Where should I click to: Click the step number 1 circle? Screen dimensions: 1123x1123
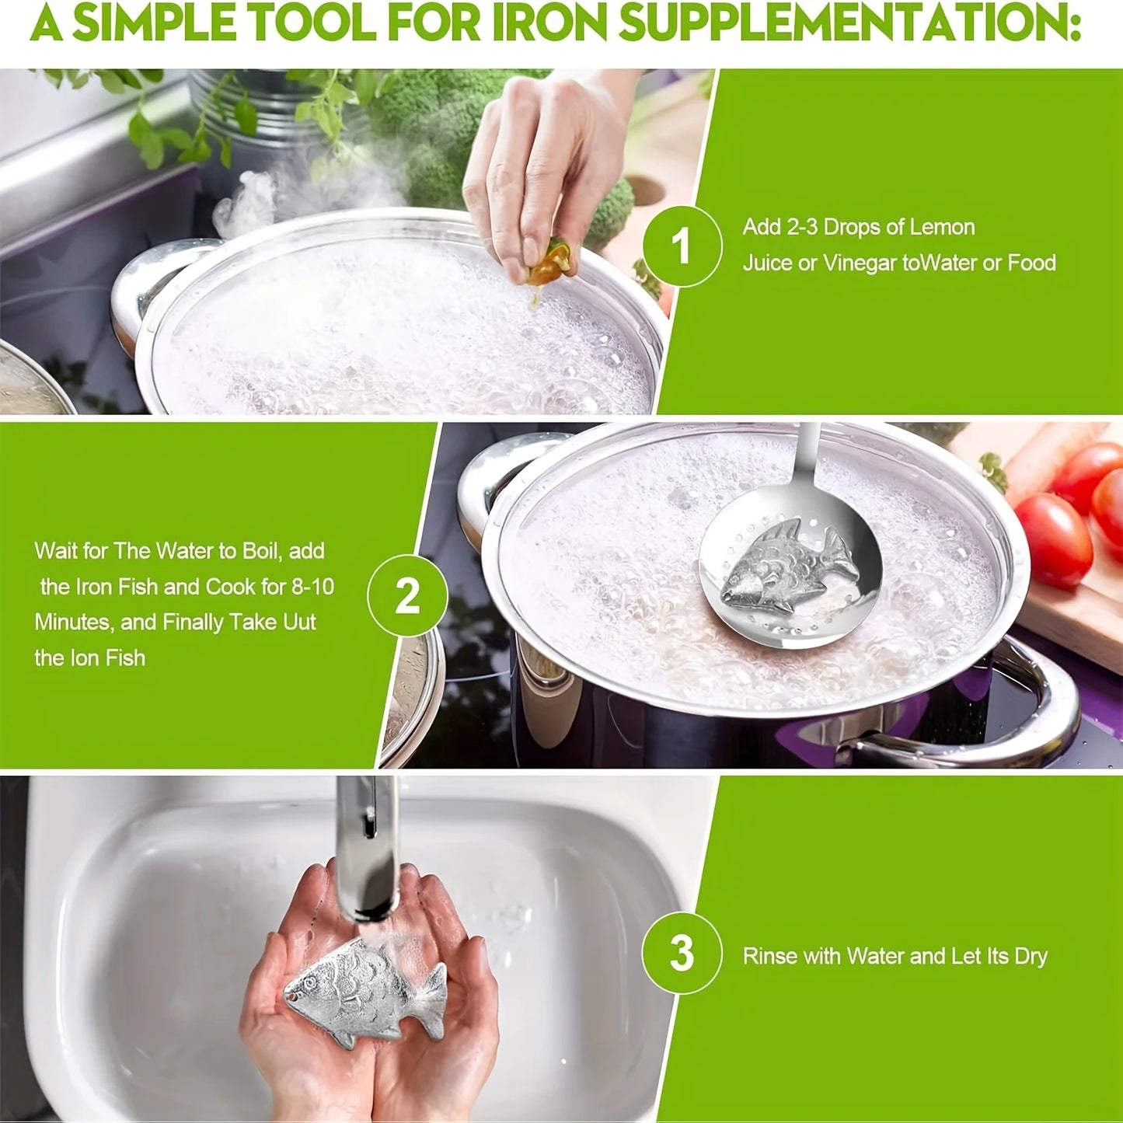point(682,246)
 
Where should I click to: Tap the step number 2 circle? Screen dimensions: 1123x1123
point(407,596)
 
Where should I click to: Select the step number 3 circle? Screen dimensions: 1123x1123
point(682,953)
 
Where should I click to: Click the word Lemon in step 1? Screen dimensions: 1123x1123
point(942,227)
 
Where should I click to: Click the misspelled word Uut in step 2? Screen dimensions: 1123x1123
point(299,622)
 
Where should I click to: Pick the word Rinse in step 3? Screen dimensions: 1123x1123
point(769,956)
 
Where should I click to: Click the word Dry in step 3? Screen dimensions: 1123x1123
point(1031,956)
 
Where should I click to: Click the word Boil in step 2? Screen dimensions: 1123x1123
point(263,550)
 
